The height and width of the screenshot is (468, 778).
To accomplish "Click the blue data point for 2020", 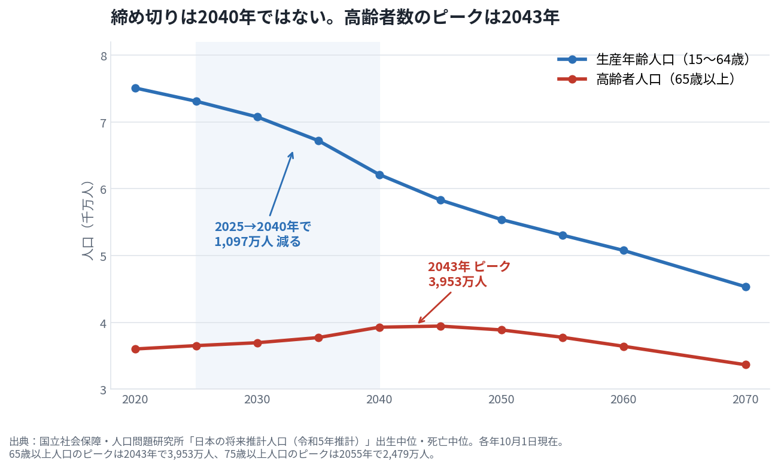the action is tap(135, 88).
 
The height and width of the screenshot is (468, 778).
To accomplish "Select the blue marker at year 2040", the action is tap(379, 175).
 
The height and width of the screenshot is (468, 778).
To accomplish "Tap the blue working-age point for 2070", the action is tap(746, 287).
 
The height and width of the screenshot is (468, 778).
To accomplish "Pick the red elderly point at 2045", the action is tap(440, 326).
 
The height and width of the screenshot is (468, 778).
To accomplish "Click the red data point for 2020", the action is tap(135, 349).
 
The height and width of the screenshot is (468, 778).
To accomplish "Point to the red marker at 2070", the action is tap(746, 365).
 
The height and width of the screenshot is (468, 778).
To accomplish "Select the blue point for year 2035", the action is tap(318, 141).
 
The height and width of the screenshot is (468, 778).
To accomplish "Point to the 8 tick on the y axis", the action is tap(104, 56).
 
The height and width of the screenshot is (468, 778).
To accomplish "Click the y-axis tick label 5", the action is tap(104, 257).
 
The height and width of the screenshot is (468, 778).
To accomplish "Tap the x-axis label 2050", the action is tap(501, 400).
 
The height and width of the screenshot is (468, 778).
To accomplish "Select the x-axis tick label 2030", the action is tap(257, 400).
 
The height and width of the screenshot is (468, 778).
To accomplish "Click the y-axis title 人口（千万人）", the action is tap(87, 221).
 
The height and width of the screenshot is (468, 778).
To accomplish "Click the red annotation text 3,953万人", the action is tap(457, 281).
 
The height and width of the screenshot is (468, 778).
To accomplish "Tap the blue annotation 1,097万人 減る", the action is tap(257, 241).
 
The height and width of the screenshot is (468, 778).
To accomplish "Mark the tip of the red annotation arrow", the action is tap(418, 323).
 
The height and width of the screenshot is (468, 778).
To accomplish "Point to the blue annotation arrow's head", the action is tap(293, 152).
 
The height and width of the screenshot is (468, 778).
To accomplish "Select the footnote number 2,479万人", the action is tap(405, 454).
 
